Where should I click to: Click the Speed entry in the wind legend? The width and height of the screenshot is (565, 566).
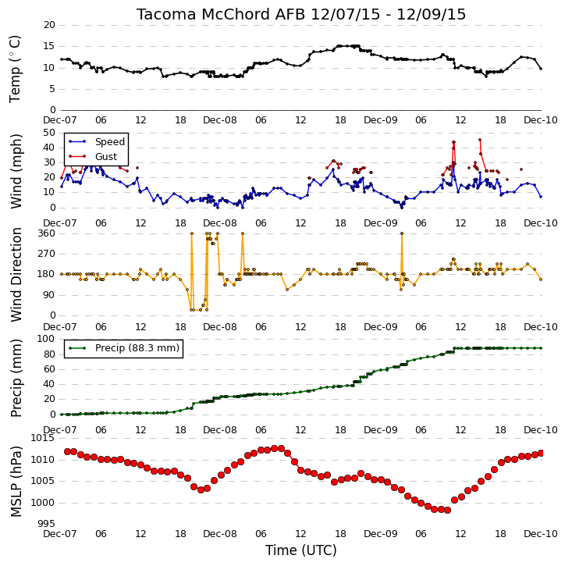110,142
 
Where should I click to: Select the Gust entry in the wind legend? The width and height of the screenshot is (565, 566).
106,156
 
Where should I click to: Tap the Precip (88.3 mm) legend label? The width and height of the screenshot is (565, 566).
137,348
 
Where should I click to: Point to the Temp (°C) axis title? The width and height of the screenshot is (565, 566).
15,69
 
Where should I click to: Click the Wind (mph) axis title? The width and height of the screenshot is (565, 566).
16,171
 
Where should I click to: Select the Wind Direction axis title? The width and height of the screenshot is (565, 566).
16,275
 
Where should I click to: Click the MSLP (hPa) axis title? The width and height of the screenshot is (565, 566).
16,482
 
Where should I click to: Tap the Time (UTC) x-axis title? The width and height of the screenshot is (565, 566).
301,550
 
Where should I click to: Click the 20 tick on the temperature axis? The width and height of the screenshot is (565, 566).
49,25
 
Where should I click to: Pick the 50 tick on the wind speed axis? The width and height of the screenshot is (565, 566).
49,133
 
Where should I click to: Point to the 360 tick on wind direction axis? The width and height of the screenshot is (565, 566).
47,233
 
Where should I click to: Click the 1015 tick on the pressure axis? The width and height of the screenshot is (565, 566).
43,438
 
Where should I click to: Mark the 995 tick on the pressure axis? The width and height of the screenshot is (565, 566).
47,523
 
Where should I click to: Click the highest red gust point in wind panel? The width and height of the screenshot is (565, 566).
480,140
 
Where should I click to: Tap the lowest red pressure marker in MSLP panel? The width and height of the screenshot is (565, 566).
447,510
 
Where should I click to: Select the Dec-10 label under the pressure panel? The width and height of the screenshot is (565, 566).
541,533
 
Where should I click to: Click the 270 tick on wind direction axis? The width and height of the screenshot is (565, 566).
47,254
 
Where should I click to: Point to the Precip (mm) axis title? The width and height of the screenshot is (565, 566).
16,379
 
